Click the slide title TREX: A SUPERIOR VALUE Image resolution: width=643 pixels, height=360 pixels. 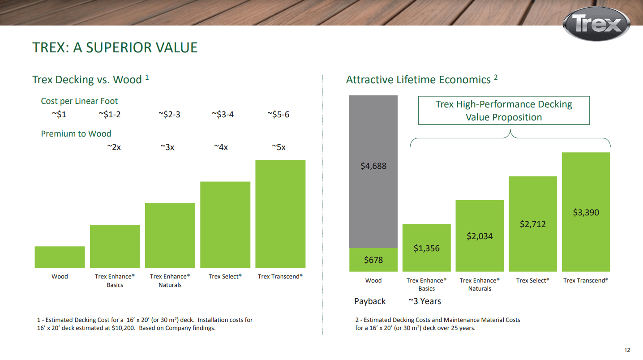(115, 47)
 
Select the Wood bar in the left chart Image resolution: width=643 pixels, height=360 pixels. (60, 257)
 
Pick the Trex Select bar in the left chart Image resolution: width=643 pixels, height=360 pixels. (225, 225)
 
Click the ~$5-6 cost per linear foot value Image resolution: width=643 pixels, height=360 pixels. (278, 115)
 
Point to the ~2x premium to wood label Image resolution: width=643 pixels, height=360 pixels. (114, 147)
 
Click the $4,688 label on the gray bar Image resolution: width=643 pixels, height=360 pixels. (373, 166)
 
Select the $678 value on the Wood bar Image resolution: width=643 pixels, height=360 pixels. (373, 260)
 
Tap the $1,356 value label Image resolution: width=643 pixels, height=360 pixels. (426, 249)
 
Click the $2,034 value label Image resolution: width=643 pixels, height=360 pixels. (480, 236)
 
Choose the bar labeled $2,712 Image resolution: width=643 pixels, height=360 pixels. (533, 224)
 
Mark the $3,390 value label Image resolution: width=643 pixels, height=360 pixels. (586, 213)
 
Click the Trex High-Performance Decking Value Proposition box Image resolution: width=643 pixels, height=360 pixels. (504, 111)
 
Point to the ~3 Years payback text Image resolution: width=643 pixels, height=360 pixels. (424, 301)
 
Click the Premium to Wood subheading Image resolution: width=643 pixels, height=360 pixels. (76, 134)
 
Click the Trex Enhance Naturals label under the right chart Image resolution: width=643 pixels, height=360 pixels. (480, 284)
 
